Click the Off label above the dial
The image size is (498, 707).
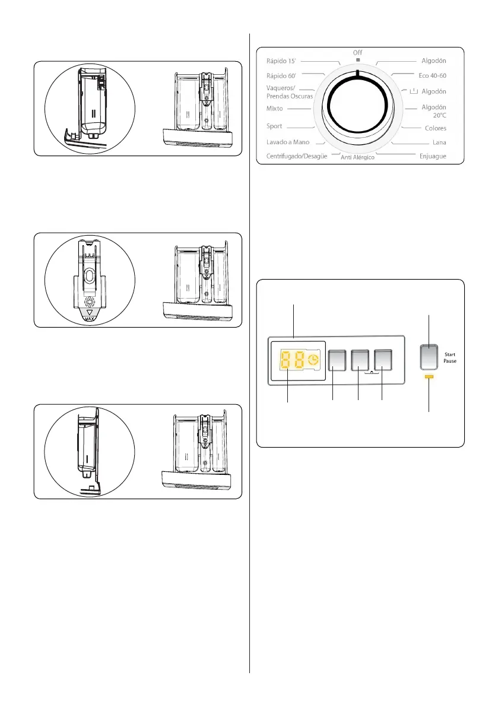click(x=358, y=53)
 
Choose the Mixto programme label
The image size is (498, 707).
click(x=275, y=109)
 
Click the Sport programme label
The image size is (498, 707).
click(x=274, y=126)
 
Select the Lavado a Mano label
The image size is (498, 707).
click(x=287, y=142)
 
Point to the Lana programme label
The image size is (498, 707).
click(x=439, y=142)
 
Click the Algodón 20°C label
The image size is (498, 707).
click(x=433, y=111)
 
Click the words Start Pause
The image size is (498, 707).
click(x=449, y=357)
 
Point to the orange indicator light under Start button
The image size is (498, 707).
click(x=430, y=376)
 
